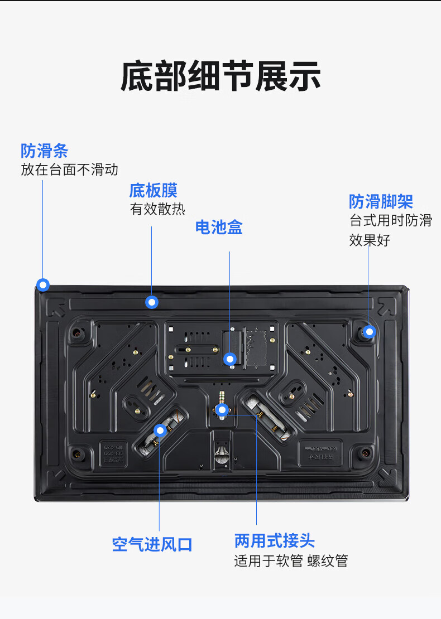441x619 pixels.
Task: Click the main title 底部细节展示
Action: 220,76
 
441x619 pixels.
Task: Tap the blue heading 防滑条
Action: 44,151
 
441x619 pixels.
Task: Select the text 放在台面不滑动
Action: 70,170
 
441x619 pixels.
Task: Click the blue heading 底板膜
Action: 154,190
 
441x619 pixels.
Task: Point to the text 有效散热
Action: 157,209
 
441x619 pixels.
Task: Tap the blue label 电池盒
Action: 219,228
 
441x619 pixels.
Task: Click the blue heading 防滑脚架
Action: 381,201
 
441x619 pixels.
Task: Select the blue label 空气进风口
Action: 152,544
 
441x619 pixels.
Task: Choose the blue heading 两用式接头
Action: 275,541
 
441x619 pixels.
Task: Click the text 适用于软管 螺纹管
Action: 291,560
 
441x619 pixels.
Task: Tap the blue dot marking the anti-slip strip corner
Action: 43,284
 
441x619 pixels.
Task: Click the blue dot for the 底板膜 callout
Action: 152,302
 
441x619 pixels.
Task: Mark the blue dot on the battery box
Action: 230,359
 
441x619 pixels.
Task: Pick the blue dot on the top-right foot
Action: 370,332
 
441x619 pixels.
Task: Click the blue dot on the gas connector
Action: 223,410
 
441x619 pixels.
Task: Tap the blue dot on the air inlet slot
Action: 160,431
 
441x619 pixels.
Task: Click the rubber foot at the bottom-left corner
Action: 78,454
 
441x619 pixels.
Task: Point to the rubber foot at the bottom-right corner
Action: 365,453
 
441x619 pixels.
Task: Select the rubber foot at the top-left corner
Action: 78,333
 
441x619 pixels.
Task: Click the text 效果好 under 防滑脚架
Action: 370,240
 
